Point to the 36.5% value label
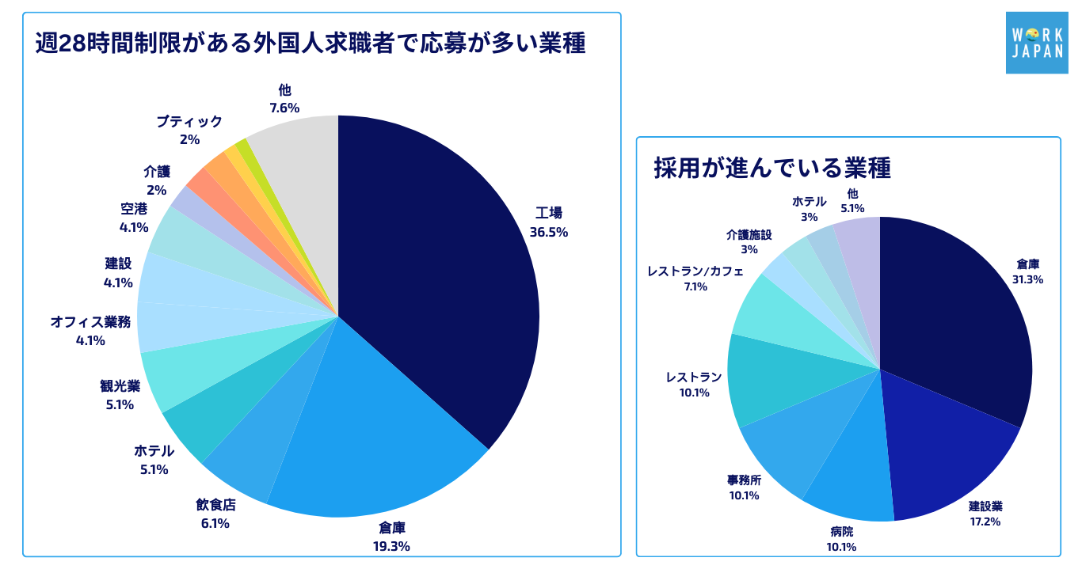pos(549,233)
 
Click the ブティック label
pos(189,121)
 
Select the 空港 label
pos(134,208)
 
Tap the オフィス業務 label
pos(90,321)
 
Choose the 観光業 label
pos(120,385)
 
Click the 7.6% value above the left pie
pos(284,108)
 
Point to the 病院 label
pos(840,531)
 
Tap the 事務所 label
pos(744,480)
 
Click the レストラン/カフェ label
pos(695,271)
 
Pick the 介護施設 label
pos(749,234)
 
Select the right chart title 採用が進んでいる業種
pos(771,169)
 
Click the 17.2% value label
pos(985,522)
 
